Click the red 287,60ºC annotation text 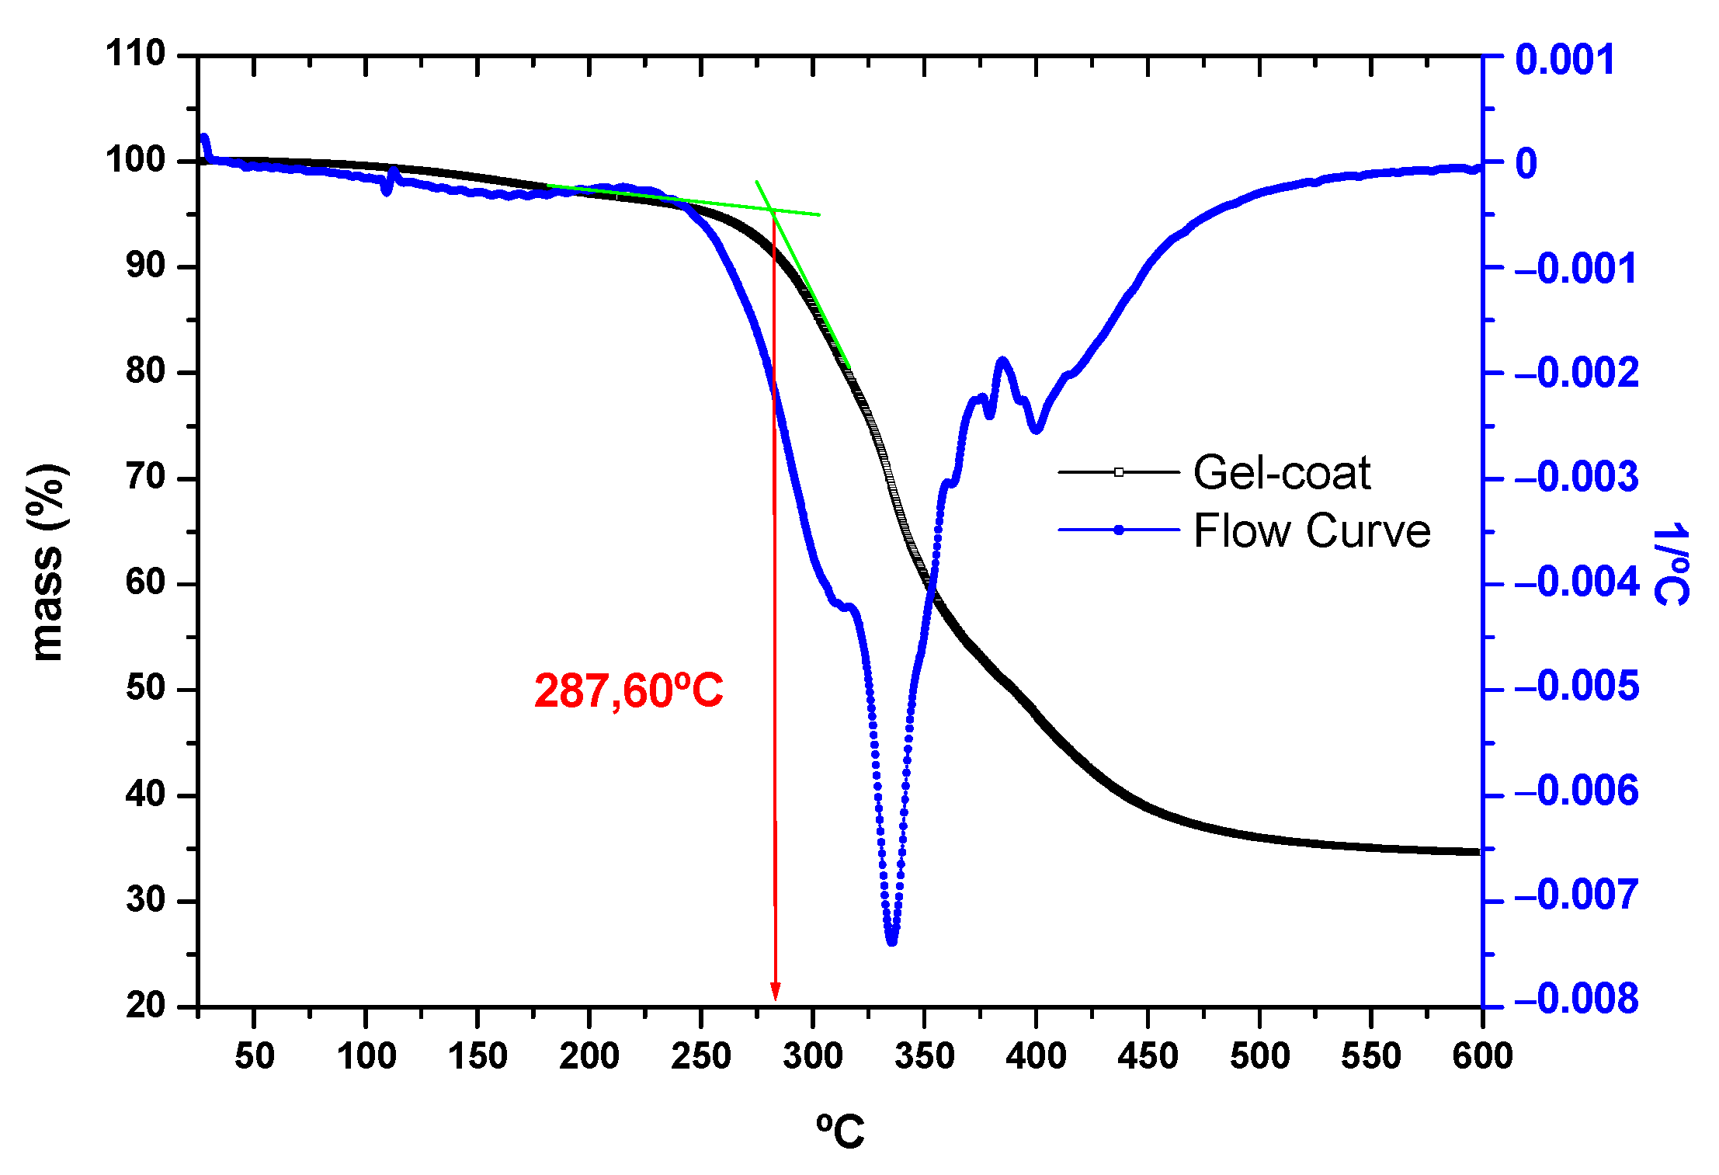[628, 690]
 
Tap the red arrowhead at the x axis [775, 992]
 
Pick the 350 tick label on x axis [924, 1056]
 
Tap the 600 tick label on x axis [1482, 1056]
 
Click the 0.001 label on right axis [1564, 60]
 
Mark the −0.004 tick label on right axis [1575, 582]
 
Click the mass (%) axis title [47, 562]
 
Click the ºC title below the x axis [839, 1131]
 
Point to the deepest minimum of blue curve [891, 940]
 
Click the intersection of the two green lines [773, 209]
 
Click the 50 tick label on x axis [254, 1056]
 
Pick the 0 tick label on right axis [1526, 164]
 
